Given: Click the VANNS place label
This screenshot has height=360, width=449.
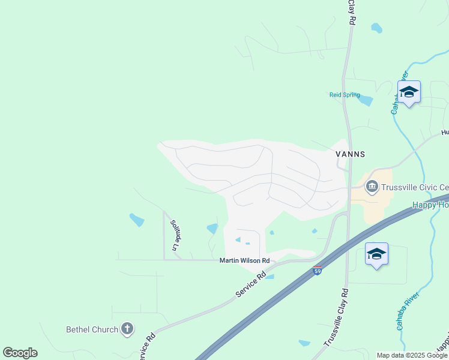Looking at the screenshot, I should click(x=350, y=154).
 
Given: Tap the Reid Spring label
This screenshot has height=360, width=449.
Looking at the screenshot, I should click(x=345, y=95).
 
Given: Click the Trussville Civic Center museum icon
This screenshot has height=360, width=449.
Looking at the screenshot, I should click(x=372, y=187).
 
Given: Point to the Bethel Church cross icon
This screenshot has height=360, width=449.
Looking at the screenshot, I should click(x=127, y=328).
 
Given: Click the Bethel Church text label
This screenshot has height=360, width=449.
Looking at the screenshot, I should click(x=92, y=329).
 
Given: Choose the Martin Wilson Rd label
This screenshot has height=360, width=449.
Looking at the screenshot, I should click(x=244, y=260).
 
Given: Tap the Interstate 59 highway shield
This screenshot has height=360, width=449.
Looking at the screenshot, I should click(x=318, y=271).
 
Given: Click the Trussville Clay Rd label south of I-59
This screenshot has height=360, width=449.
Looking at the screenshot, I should click(x=336, y=317).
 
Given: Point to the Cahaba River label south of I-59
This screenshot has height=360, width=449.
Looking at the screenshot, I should click(x=405, y=313).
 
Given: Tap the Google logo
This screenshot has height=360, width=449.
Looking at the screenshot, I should click(x=20, y=353).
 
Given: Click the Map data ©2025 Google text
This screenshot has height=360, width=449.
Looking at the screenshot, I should click(x=411, y=355).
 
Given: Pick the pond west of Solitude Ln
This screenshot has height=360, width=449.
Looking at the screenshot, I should click(x=137, y=220).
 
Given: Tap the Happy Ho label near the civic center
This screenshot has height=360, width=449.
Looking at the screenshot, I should click(x=431, y=205).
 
